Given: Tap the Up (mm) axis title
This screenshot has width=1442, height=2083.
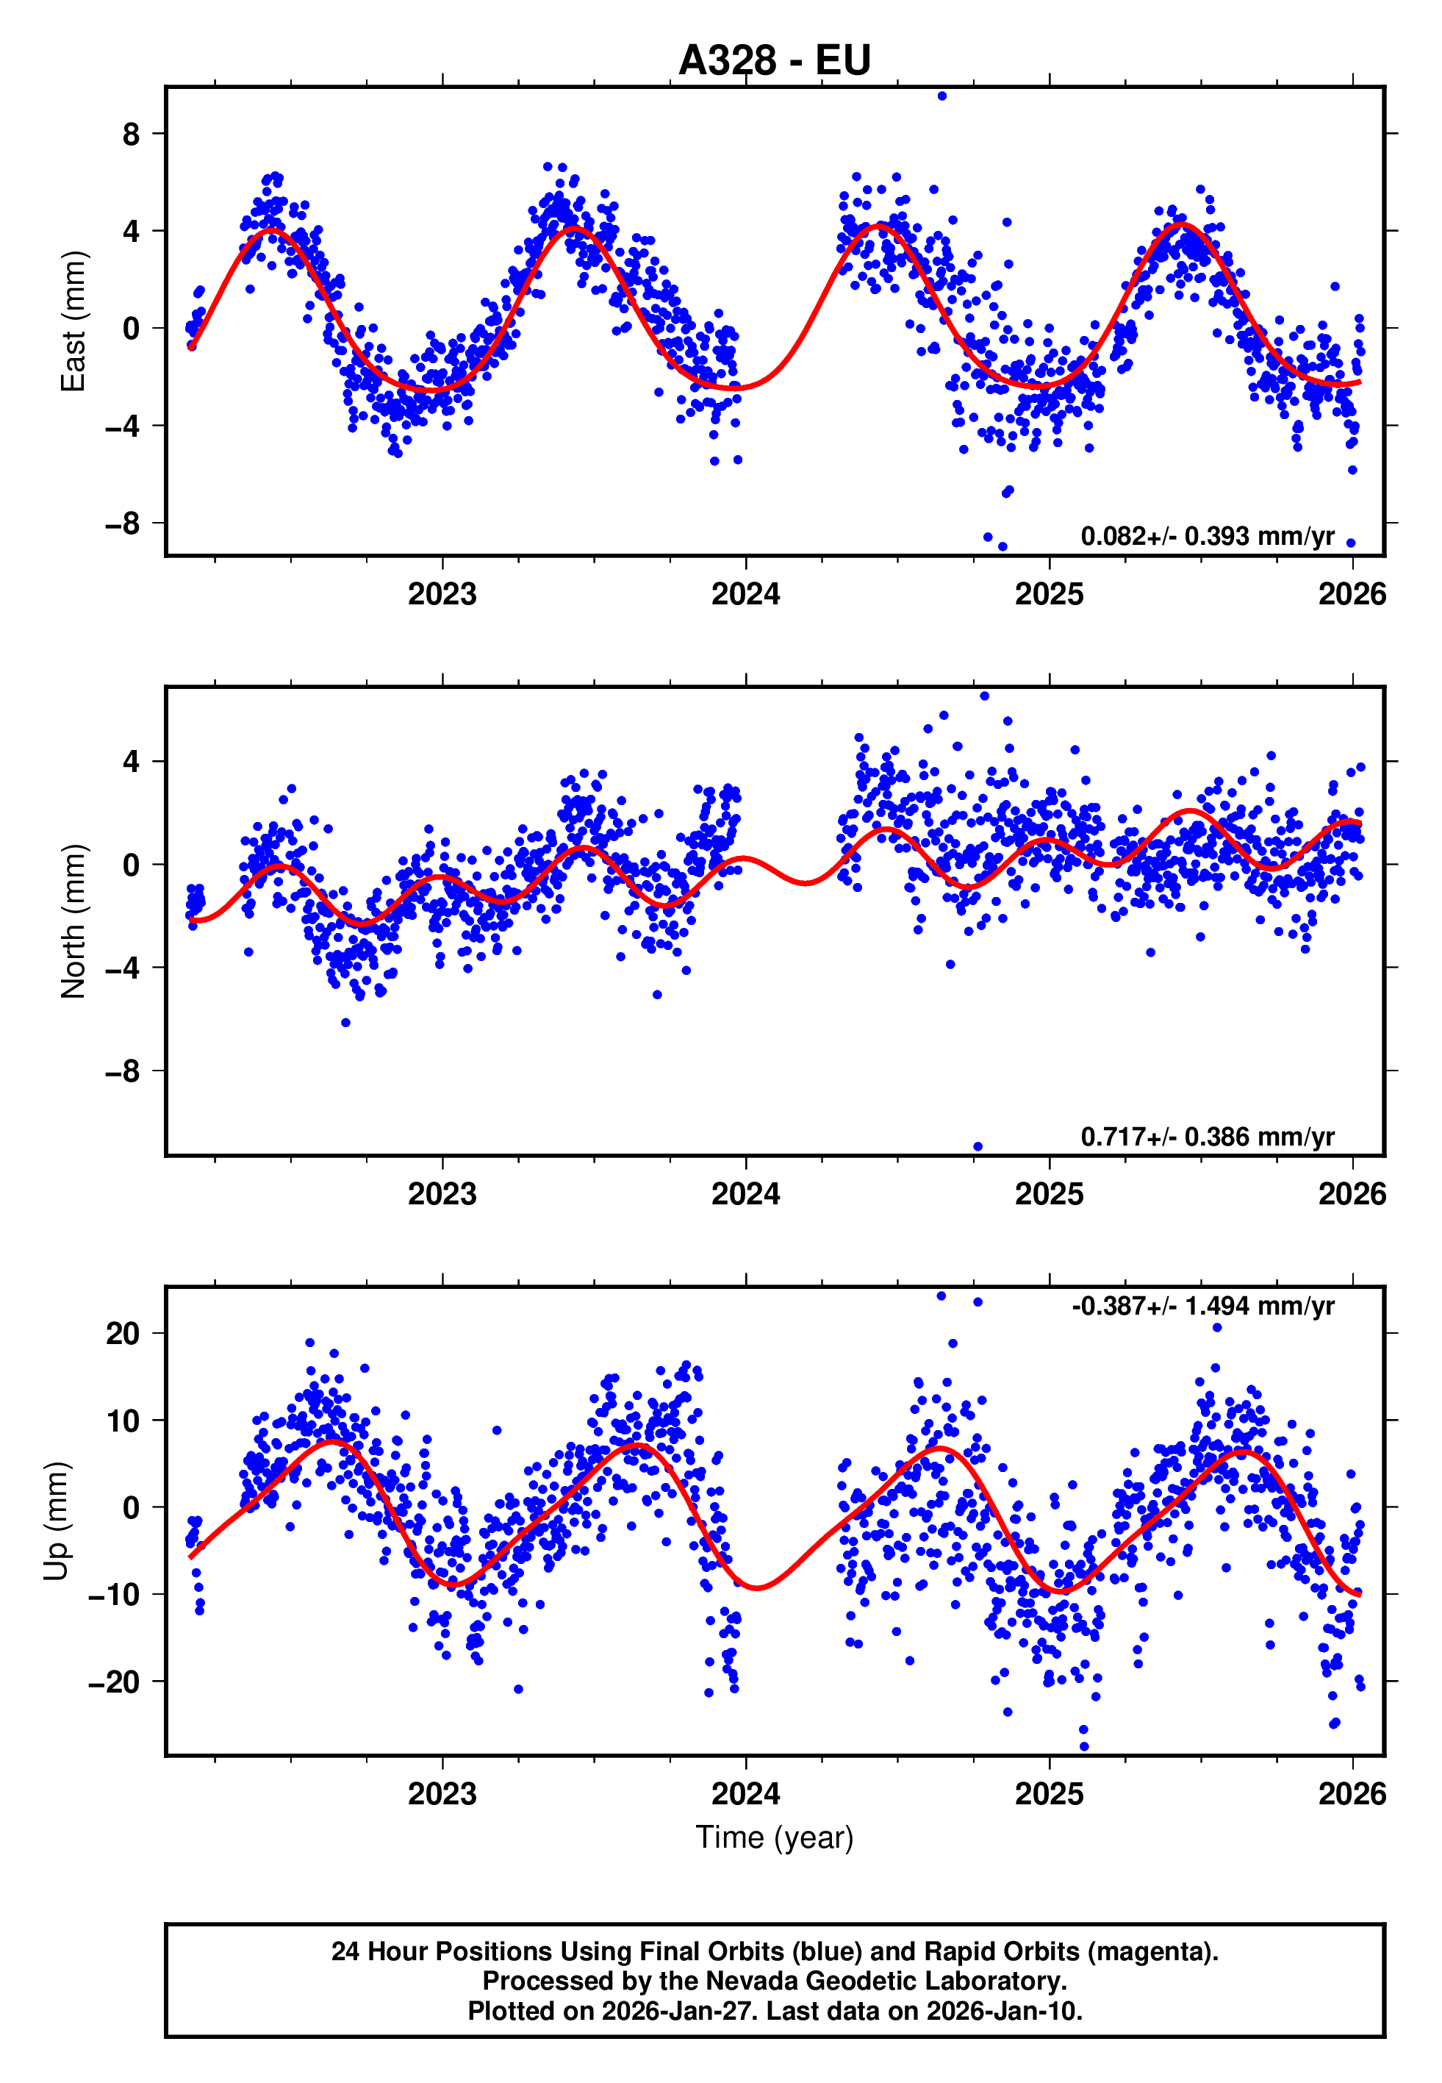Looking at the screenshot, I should tap(56, 1521).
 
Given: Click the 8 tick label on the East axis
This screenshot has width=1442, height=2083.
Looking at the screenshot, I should tap(131, 135).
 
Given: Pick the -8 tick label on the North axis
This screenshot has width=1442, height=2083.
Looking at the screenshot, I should tap(123, 1072).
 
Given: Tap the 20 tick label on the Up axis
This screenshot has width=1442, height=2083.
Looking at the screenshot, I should tap(123, 1333).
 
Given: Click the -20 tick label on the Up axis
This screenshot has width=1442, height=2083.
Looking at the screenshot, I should tap(115, 1682).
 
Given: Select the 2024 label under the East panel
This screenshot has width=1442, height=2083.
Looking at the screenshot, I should tap(745, 595).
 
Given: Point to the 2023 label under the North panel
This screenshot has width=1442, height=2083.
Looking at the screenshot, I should tap(442, 1195).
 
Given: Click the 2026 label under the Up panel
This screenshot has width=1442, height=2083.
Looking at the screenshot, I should tap(1352, 1794).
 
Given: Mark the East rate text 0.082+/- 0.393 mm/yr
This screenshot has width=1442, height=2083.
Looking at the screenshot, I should tap(1207, 537).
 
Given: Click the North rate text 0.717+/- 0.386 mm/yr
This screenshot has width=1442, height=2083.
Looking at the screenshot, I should tap(1207, 1137).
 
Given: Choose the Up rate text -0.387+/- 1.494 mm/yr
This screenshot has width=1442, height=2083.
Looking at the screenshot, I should tap(1202, 1306).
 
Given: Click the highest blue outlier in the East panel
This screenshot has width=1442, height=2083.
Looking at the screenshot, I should tap(941, 96).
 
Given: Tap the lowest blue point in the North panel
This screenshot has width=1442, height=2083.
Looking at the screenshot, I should tap(978, 1147).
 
